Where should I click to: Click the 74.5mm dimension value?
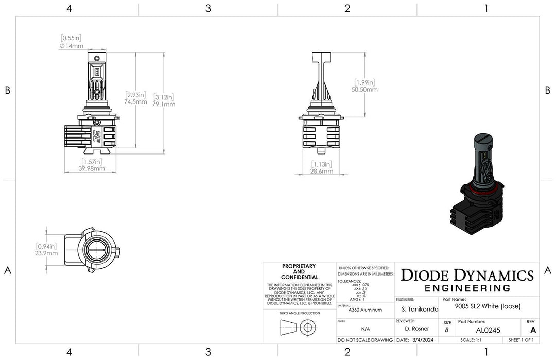136,102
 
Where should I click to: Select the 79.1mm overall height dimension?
164,104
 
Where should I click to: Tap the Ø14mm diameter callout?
71,46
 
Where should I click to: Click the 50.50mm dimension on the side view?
364,89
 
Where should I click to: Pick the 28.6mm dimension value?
322,171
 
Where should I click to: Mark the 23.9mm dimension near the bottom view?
46,253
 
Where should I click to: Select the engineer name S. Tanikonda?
419,310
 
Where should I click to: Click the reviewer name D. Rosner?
417,329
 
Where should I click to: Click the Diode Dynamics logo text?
467,275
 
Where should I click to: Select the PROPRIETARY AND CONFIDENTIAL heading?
299,271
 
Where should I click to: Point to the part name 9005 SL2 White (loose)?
488,306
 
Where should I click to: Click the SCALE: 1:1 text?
471,340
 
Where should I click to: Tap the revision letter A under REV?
532,330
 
